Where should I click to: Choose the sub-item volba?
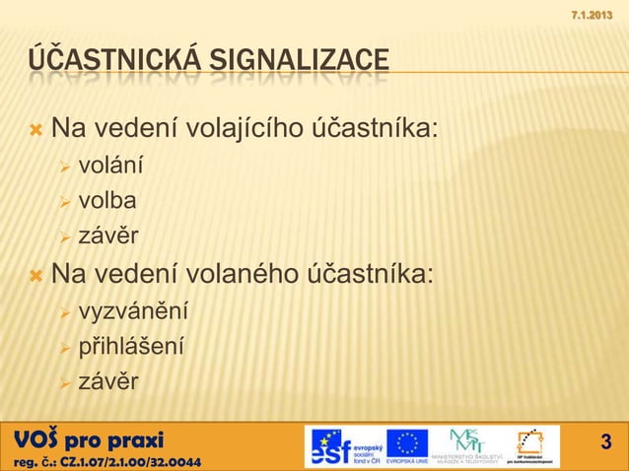pos(107,201)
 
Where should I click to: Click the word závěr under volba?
pos(108,236)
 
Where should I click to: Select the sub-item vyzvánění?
pos(133,312)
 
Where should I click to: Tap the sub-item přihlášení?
pos(130,347)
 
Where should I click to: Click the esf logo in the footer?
pos(340,446)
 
